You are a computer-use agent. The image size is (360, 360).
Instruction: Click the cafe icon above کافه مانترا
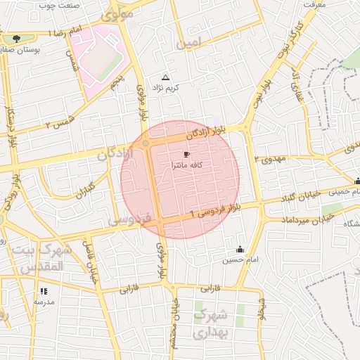[x=186, y=153]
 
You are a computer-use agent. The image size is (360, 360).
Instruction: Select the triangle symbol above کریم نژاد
[x=166, y=77]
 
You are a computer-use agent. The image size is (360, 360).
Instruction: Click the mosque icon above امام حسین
[x=240, y=249]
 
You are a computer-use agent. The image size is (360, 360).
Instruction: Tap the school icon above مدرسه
[x=44, y=291]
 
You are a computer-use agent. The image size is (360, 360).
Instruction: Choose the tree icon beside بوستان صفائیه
[x=16, y=38]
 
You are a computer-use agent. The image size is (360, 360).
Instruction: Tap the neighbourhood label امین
[x=189, y=44]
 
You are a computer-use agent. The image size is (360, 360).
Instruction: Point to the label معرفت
[x=315, y=4]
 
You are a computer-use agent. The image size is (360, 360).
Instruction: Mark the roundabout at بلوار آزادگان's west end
[x=146, y=143]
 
